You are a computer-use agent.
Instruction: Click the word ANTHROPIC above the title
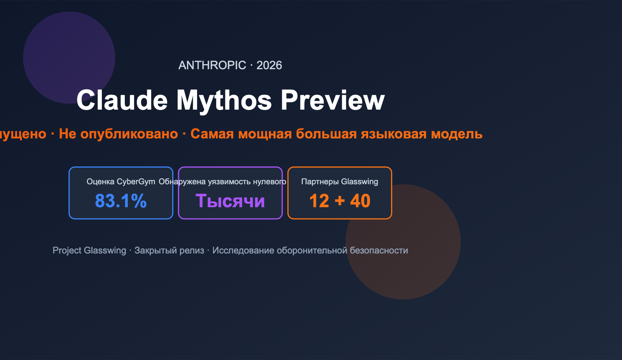pos(212,65)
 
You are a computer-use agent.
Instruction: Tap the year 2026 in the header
pos(269,65)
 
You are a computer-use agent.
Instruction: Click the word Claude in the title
pos(122,100)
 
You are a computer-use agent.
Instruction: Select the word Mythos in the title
pos(224,100)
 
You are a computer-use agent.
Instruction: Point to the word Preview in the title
pos(332,100)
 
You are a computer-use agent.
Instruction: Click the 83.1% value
pos(121,201)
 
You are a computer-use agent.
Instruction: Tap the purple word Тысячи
pos(230,201)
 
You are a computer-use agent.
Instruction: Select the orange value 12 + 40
pos(339,201)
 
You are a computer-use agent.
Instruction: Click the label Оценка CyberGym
pos(121,182)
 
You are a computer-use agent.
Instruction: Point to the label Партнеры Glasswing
pos(339,182)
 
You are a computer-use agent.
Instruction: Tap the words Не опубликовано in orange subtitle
pos(118,134)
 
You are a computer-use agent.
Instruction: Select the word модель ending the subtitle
pos(457,134)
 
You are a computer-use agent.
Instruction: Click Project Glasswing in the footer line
pos(89,250)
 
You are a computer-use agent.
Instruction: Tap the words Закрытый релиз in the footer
pos(169,250)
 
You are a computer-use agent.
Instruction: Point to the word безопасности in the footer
pos(379,250)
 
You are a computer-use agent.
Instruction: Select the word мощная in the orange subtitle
pos(265,134)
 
